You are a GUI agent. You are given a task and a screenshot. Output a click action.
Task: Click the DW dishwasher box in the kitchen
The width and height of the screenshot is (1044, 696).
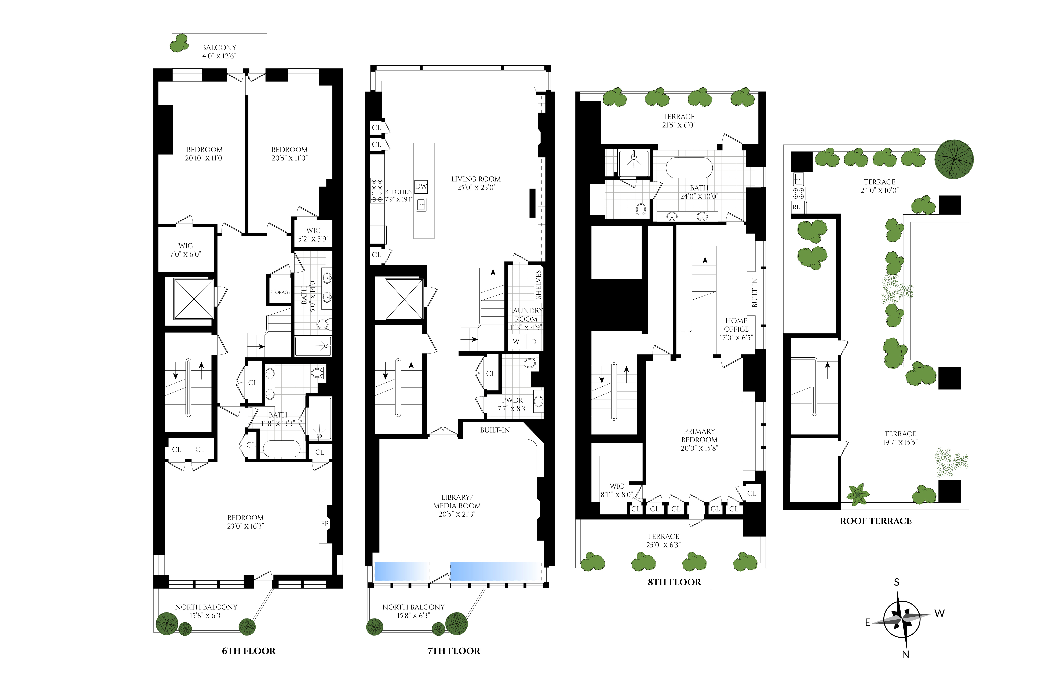pos(421,186)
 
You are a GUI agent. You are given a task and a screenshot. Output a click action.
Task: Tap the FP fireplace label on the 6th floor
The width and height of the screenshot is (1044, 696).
pos(324,524)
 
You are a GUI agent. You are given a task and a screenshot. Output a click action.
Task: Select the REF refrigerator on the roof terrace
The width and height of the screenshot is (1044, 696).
pos(798,207)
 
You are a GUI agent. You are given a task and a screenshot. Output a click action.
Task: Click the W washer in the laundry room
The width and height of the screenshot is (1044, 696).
pos(516,341)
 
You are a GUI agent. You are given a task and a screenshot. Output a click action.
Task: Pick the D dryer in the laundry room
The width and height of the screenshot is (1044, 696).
pos(534,341)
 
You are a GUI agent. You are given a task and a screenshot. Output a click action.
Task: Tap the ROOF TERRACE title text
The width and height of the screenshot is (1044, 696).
pos(876,521)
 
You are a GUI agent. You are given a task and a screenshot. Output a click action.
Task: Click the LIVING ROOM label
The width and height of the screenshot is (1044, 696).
pos(476,179)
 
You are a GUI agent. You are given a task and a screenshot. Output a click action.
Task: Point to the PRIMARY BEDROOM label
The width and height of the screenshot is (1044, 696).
pos(700,436)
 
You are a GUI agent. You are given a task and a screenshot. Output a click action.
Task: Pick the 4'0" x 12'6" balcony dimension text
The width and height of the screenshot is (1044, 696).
pos(219,56)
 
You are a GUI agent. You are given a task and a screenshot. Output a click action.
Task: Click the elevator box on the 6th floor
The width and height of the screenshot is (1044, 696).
pos(194,299)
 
